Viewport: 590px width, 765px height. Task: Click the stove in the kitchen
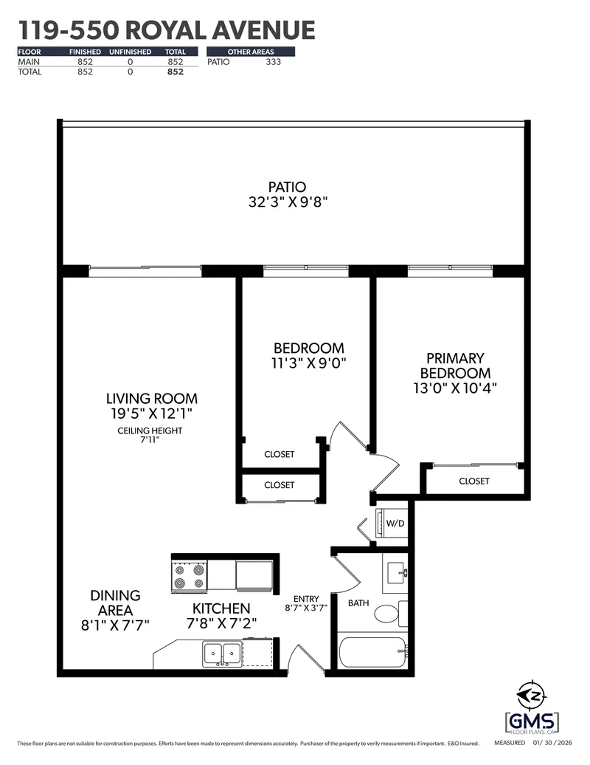188,577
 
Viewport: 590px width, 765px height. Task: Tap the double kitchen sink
221,653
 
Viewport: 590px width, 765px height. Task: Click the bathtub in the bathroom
371,652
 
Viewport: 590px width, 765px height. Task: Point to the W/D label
395,524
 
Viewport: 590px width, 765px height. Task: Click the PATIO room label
288,188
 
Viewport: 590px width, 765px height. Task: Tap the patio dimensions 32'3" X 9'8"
288,202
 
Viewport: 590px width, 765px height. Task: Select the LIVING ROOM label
152,399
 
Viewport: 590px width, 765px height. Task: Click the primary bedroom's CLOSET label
473,481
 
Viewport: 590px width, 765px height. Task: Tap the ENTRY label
305,599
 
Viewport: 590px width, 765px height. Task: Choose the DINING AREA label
115,603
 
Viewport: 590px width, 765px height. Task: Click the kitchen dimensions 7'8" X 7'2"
221,623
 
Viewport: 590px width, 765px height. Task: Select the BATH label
358,603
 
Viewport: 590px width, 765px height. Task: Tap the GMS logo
532,720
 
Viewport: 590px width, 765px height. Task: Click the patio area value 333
273,62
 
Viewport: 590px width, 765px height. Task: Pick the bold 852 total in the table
175,72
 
